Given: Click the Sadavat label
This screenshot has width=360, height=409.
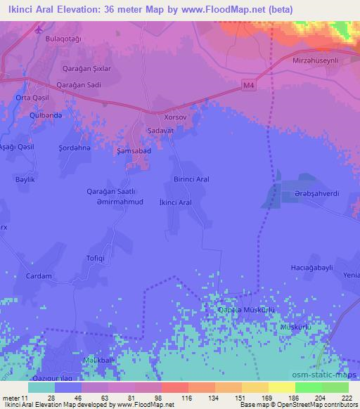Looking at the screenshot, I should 160,131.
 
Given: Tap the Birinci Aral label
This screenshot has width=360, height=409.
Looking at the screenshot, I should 191,179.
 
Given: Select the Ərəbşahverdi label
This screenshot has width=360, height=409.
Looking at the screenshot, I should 316,193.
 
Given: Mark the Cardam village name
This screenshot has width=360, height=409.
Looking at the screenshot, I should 39,276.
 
